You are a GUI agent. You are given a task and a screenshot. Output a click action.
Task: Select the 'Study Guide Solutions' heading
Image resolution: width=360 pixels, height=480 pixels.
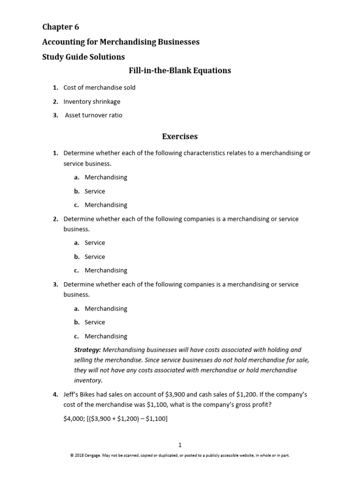coord(83,57)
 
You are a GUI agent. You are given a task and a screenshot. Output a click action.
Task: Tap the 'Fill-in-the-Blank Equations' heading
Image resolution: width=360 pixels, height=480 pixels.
coord(180,71)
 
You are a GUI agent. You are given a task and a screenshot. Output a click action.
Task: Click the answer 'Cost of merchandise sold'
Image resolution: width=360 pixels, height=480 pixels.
coord(99,88)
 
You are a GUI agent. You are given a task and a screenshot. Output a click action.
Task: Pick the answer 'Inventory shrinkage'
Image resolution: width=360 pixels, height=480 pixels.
coord(92,101)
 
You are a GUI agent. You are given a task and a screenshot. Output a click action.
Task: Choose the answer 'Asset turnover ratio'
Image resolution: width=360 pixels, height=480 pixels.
coord(94,115)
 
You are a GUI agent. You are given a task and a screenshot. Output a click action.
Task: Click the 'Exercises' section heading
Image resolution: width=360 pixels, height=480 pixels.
coord(180,137)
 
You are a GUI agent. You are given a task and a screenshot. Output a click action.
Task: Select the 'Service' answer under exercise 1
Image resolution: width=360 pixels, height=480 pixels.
coord(95,191)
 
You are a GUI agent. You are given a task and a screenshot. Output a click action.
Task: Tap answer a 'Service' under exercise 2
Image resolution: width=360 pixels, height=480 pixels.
coord(95,243)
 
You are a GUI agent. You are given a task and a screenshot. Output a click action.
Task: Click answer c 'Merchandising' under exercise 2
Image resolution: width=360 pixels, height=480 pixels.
coord(106,270)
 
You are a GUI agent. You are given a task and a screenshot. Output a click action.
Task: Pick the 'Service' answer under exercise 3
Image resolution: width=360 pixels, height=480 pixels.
coord(95,322)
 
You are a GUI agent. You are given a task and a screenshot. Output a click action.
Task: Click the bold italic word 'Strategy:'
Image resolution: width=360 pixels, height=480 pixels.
coord(87,350)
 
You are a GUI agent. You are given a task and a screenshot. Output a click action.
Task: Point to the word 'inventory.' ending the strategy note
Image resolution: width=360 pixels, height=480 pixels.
coord(88,381)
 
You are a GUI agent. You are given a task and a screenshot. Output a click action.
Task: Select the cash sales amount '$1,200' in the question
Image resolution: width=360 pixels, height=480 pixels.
coord(243,395)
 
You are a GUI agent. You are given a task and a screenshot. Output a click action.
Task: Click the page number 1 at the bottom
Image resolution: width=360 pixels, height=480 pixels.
coord(180,445)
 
